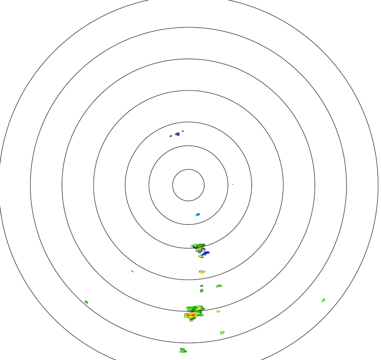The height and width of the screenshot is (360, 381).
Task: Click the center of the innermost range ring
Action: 188,185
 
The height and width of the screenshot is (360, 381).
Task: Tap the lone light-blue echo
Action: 198,214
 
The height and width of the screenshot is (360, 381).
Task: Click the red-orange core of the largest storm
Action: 191,315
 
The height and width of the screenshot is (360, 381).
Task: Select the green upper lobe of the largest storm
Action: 195,308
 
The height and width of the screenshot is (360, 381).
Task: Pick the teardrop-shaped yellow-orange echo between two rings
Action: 202,272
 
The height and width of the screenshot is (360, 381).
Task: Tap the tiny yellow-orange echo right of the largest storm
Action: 218,312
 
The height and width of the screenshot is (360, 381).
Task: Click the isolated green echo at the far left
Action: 86,302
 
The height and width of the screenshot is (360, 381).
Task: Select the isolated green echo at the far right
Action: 324,300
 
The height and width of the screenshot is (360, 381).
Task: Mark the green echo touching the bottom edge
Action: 183,350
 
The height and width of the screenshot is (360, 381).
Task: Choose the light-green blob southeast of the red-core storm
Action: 222,333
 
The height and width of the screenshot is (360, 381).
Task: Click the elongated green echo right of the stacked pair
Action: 219,286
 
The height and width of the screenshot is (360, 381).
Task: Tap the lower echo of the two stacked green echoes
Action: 201,291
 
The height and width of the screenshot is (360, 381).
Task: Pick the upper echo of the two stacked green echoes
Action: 201,286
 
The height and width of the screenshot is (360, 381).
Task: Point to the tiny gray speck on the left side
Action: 132,271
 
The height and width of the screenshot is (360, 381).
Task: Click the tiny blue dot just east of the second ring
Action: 233,184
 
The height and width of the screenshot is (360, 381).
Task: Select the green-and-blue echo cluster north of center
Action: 177,134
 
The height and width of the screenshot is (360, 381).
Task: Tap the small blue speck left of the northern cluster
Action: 171,136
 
